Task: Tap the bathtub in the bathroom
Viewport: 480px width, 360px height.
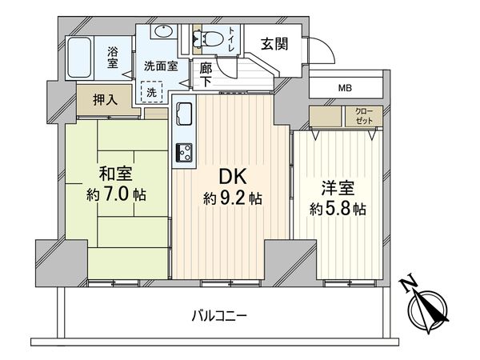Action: click(82, 57)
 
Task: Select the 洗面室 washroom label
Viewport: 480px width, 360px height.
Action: click(161, 67)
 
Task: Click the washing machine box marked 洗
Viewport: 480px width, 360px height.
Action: click(151, 92)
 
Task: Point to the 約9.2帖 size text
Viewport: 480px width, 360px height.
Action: click(232, 198)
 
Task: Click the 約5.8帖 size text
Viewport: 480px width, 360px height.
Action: click(338, 210)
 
